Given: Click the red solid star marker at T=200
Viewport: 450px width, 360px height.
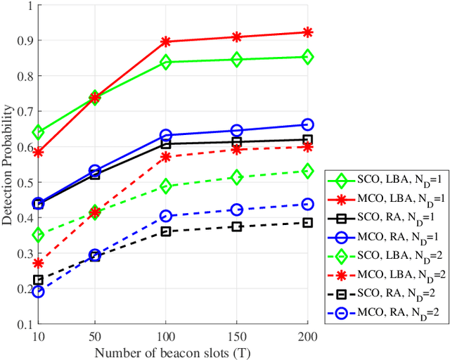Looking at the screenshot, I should point(307,32).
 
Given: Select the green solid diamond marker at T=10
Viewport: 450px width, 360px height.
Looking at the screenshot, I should point(38,132).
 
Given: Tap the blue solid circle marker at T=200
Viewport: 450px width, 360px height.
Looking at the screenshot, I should point(307,124).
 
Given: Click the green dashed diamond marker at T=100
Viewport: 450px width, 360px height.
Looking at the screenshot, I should point(166,186).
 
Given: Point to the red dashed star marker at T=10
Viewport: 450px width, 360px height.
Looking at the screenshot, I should point(38,263).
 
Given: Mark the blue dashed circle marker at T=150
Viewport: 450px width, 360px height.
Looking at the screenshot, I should point(237,210).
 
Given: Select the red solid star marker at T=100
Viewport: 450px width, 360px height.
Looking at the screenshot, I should point(166,42).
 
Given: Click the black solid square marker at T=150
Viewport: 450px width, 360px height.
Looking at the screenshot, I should point(237,142).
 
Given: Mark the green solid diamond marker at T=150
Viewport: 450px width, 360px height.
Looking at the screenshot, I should point(237,60).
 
